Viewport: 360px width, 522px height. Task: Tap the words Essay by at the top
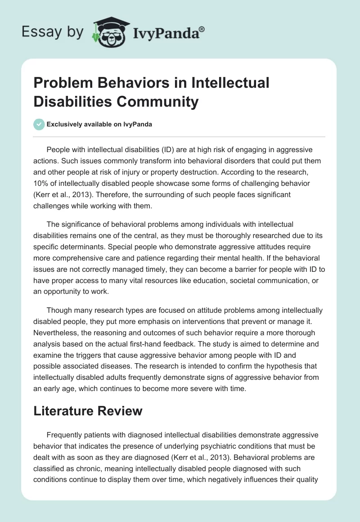(53, 32)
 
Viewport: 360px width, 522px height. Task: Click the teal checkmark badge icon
(40, 124)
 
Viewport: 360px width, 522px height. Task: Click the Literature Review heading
(88, 410)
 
